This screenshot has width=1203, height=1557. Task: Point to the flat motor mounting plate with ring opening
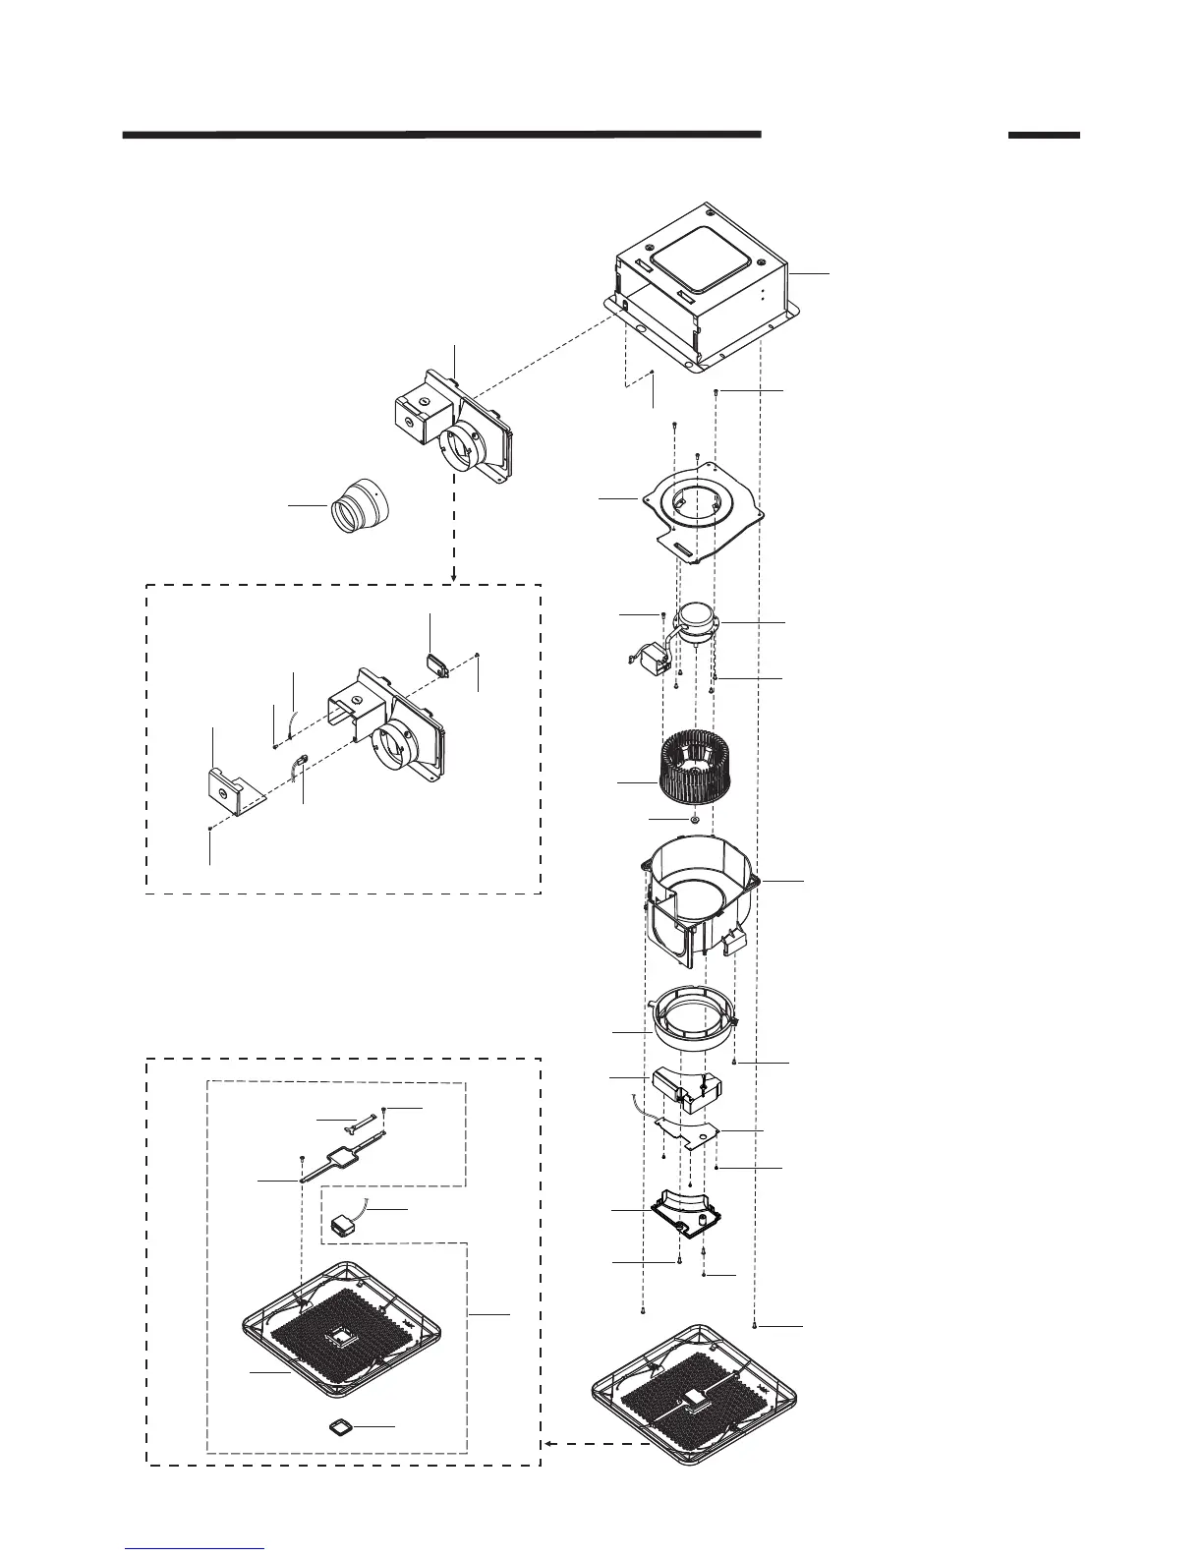[700, 511]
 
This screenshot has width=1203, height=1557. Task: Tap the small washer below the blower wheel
[694, 818]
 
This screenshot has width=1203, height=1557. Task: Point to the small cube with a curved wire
[344, 1225]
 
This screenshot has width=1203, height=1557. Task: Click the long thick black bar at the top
[441, 135]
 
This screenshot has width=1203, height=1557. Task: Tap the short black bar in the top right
[1043, 135]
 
